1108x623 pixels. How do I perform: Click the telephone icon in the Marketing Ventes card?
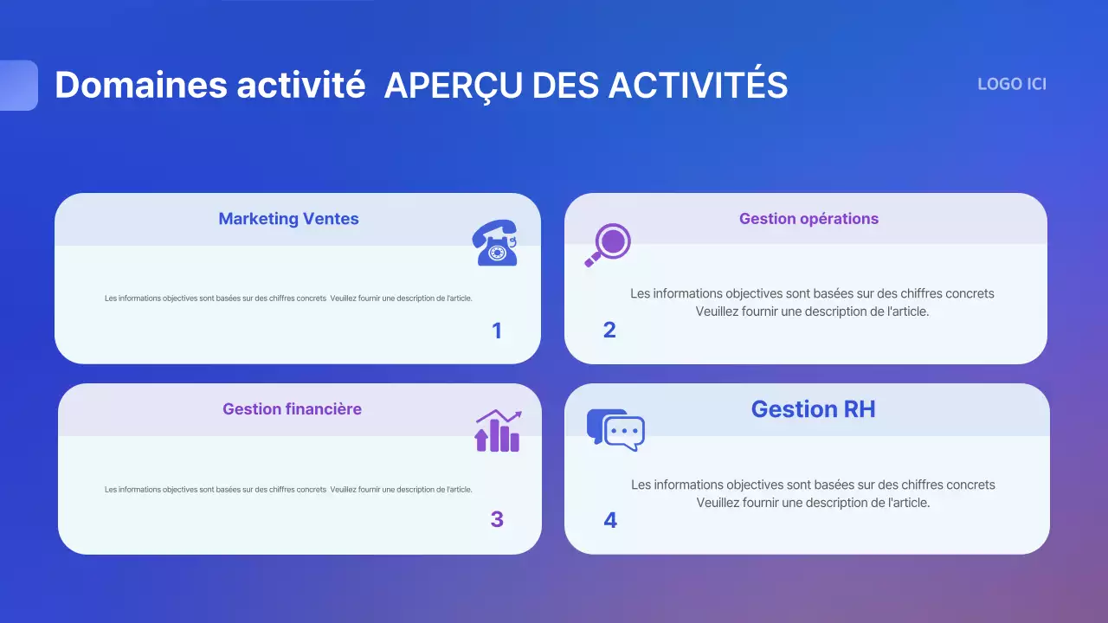click(494, 242)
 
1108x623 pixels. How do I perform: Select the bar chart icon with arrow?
click(498, 431)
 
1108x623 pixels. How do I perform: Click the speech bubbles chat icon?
click(615, 429)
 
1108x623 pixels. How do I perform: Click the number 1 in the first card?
click(496, 331)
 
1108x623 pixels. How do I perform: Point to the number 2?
click(609, 330)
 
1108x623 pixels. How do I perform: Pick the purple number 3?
click(497, 519)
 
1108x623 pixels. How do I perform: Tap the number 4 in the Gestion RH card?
click(610, 520)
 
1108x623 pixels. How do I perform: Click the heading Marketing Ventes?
click(288, 219)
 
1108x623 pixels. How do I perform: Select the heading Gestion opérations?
click(808, 219)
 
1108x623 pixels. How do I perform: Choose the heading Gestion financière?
click(292, 409)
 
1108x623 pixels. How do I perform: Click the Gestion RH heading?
click(813, 409)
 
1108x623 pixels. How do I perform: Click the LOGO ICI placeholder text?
click(1012, 84)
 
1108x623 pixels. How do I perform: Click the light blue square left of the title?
click(18, 86)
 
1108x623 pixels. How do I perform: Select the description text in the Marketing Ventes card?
click(288, 299)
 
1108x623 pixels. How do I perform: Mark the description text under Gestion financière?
click(288, 490)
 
